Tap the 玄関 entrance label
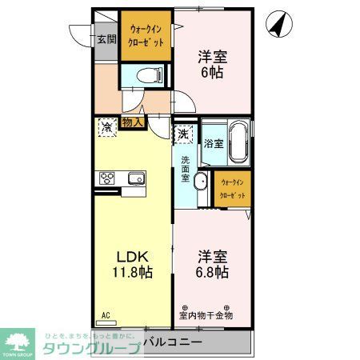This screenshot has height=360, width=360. [x=106, y=38]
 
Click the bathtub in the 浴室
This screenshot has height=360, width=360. [x=238, y=143]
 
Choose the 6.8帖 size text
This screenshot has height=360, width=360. [x=212, y=273]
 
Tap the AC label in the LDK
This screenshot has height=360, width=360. [x=106, y=315]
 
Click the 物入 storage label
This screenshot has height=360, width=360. [x=132, y=122]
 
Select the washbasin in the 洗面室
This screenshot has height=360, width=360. [x=201, y=180]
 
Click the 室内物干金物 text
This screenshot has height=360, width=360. [x=206, y=314]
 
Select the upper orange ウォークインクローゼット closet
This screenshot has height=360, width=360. [x=145, y=36]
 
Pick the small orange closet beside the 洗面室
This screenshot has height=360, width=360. [x=232, y=189]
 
